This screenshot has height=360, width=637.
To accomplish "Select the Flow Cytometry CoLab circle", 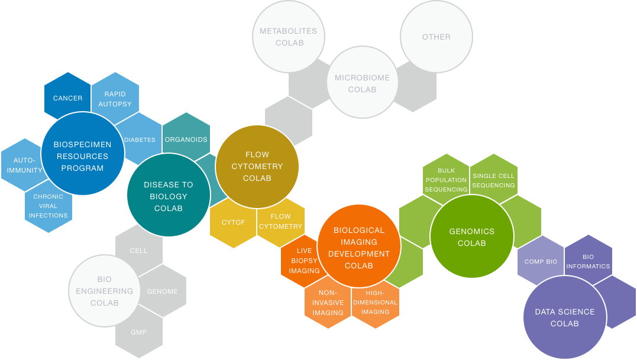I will pyautogui.click(x=257, y=166).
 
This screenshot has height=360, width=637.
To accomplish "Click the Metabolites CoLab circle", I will pyautogui.click(x=289, y=37).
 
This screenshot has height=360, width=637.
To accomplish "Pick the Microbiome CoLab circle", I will pyautogui.click(x=362, y=82).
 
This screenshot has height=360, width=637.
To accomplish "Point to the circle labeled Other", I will pyautogui.click(x=436, y=37).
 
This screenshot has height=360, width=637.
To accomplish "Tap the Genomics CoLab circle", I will pyautogui.click(x=471, y=236).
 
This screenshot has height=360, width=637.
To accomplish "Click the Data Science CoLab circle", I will pyautogui.click(x=564, y=317).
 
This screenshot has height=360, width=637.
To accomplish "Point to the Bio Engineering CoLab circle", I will pyautogui.click(x=105, y=290).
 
